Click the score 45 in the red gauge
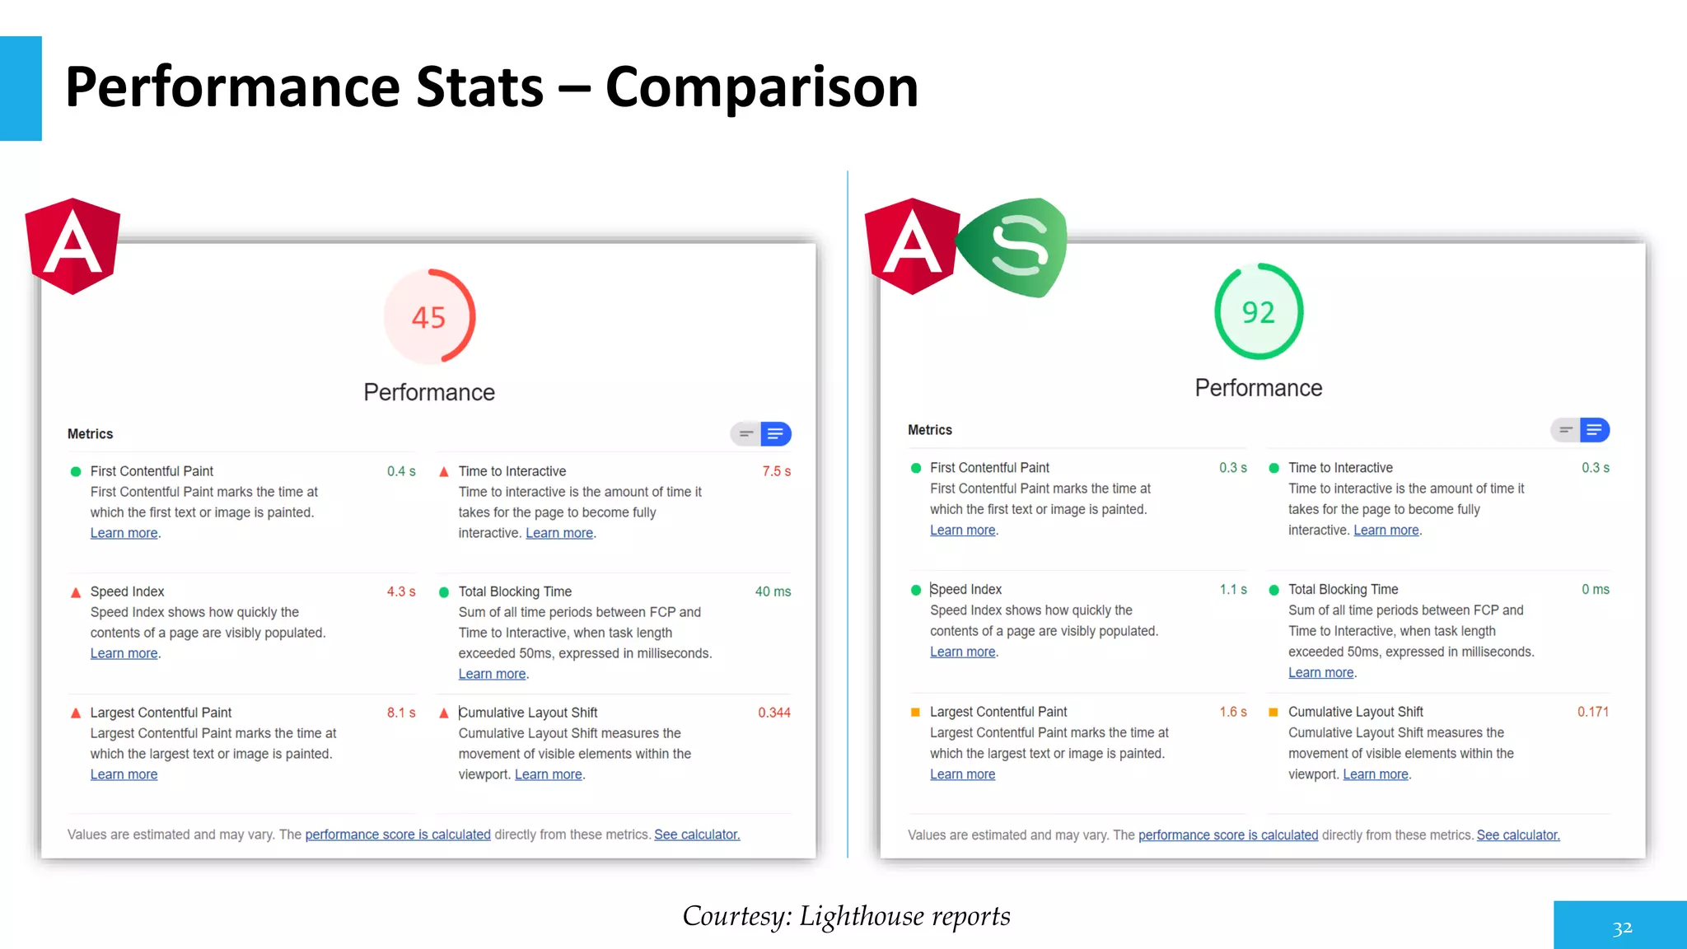(x=428, y=317)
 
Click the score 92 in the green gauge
(x=1258, y=312)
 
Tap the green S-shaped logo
(x=1016, y=247)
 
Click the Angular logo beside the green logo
(x=912, y=246)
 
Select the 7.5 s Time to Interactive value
(x=776, y=471)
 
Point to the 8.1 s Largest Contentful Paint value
(x=401, y=713)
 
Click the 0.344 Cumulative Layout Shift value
(x=773, y=713)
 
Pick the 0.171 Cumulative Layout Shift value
(x=1592, y=712)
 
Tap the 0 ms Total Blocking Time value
(x=1595, y=590)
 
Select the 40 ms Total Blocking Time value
(x=773, y=591)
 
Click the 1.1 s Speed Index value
(x=1233, y=590)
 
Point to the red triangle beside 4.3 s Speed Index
(x=76, y=592)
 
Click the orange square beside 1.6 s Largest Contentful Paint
(x=915, y=712)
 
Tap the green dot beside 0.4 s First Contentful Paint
(x=76, y=471)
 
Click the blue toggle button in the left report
(x=775, y=434)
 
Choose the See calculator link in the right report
(x=1517, y=835)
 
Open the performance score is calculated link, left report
(x=398, y=834)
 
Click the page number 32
(x=1622, y=929)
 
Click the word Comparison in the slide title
(x=761, y=87)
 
